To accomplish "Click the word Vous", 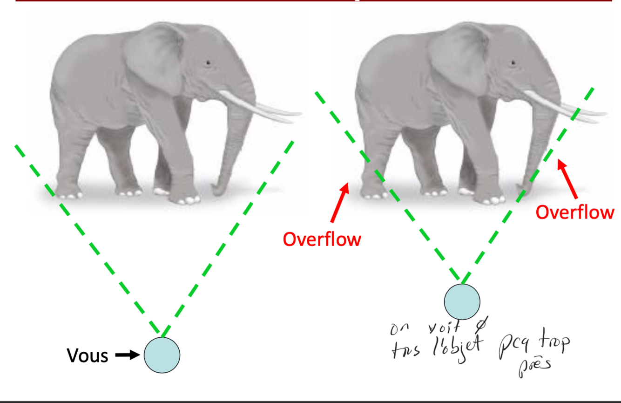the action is coord(88,356).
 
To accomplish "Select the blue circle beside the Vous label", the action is coord(162,355).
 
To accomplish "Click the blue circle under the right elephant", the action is coord(462,301).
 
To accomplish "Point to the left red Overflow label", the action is coord(322,239).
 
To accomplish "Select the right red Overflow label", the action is coord(574,212).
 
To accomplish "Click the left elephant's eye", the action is coord(208,62).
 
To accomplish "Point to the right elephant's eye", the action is coord(513,62).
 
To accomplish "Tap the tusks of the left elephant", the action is coord(261,108).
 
